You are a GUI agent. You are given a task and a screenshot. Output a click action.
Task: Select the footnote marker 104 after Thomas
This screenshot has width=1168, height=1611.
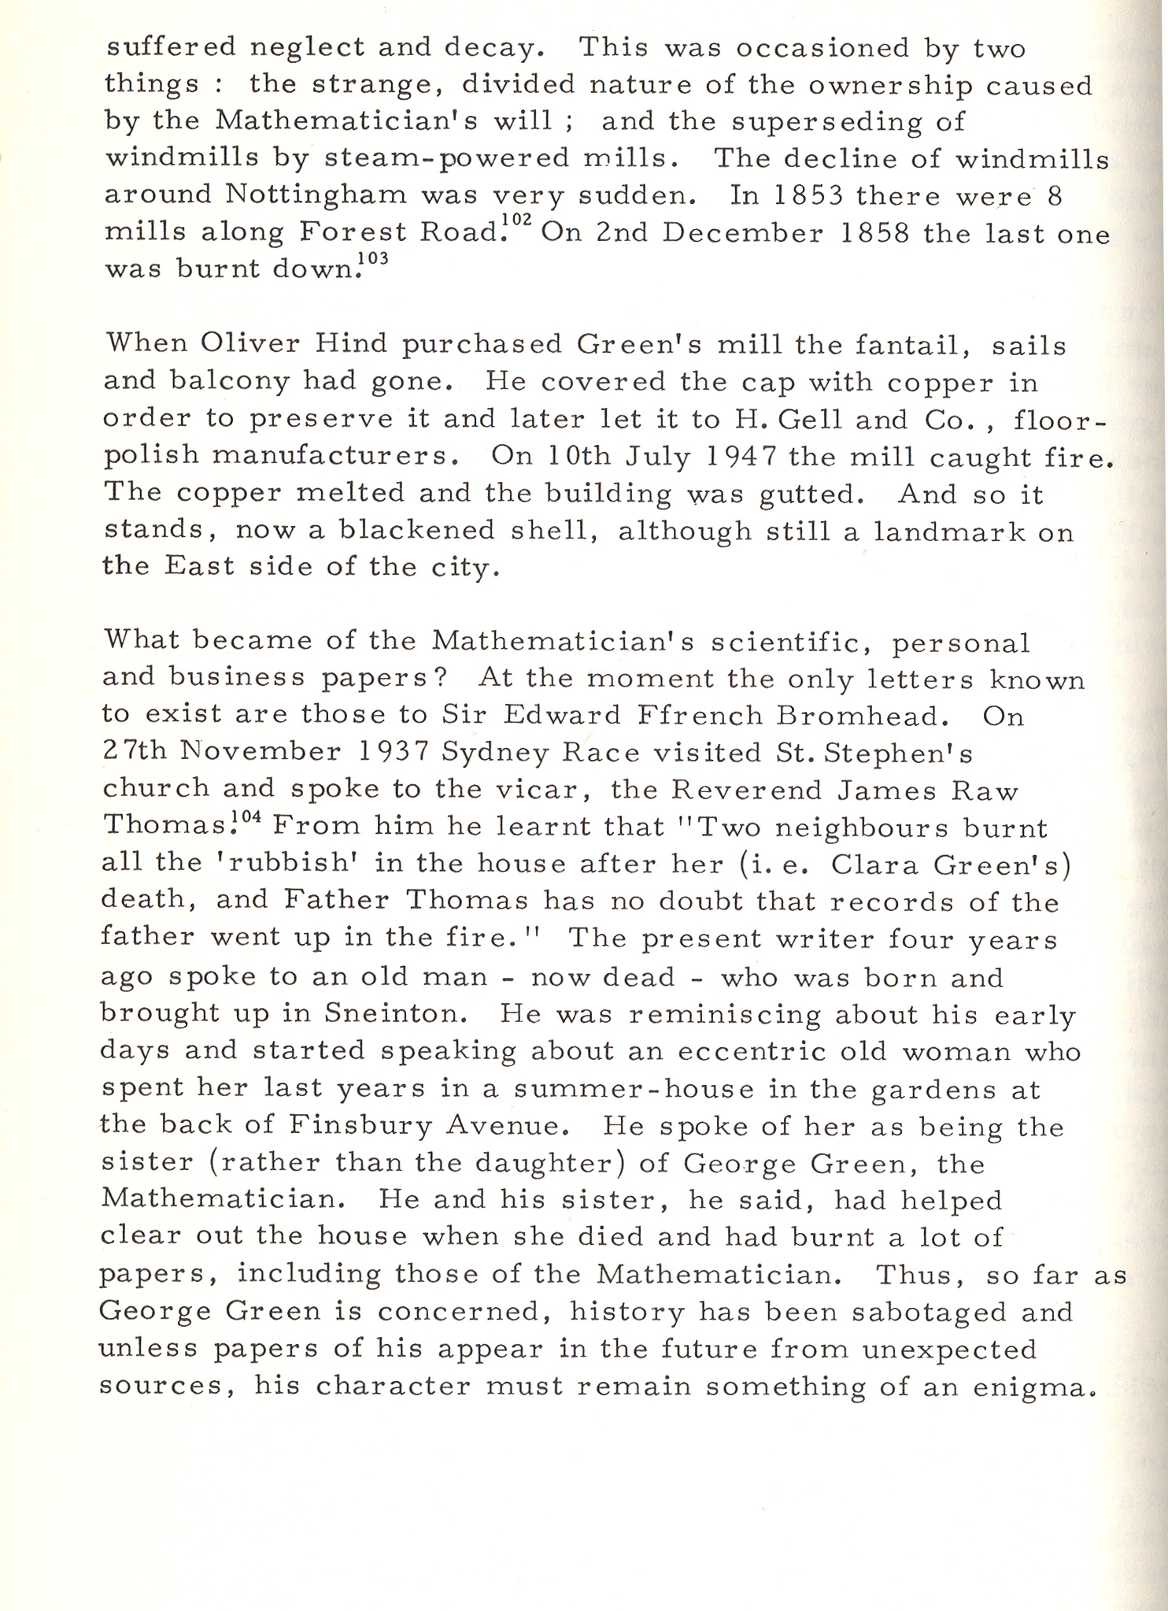click(260, 816)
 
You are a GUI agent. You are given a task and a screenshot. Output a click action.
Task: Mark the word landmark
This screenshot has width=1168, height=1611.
click(949, 532)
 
